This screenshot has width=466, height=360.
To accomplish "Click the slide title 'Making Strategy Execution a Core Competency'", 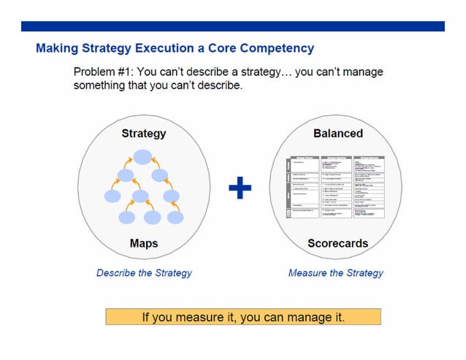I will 175,49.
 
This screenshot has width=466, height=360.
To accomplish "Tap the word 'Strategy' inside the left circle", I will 143,134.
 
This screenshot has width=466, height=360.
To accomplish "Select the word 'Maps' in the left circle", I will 143,243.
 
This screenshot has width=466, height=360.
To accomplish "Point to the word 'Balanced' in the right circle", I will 337,134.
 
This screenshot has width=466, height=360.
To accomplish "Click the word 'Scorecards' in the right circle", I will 337,243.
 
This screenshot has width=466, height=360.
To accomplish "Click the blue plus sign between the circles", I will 240,189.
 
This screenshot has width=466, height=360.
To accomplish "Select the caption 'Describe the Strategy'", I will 144,273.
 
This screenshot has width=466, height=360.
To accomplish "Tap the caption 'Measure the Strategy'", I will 335,273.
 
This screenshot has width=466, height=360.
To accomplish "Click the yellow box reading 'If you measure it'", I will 243,317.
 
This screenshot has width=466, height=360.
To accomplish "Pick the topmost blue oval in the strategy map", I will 142,156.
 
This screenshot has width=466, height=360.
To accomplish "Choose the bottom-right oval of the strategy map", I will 175,217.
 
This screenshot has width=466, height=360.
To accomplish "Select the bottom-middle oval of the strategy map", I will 152,217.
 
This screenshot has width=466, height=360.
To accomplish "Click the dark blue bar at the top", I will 232,26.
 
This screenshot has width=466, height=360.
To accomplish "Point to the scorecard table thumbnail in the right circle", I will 337,188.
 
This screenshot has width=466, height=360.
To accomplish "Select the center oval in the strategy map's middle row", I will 142,196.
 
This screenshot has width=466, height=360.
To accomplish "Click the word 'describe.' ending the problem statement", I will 217,85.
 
